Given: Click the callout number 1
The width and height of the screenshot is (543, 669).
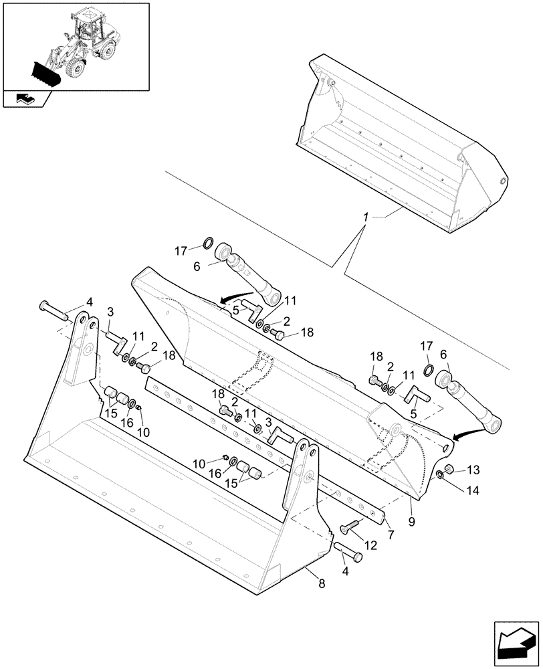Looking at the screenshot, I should (366, 218).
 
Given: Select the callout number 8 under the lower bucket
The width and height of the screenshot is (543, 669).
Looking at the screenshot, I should (322, 584).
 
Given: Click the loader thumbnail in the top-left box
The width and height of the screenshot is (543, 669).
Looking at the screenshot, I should (75, 45).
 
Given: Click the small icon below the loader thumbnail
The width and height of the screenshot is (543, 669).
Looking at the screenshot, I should (25, 99).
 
